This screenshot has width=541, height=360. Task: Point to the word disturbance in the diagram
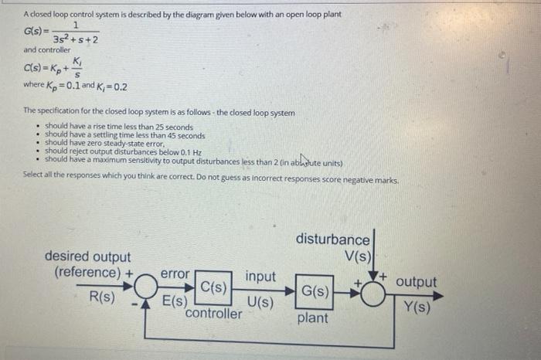click(x=333, y=240)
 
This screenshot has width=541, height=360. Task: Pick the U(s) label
click(x=260, y=302)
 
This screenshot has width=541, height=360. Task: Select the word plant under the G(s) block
click(x=312, y=318)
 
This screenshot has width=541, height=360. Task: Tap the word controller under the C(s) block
click(x=214, y=313)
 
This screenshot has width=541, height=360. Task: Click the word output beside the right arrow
click(x=416, y=282)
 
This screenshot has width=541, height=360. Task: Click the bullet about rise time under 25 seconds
click(x=119, y=127)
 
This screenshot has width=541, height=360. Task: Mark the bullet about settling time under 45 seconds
click(x=124, y=135)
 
